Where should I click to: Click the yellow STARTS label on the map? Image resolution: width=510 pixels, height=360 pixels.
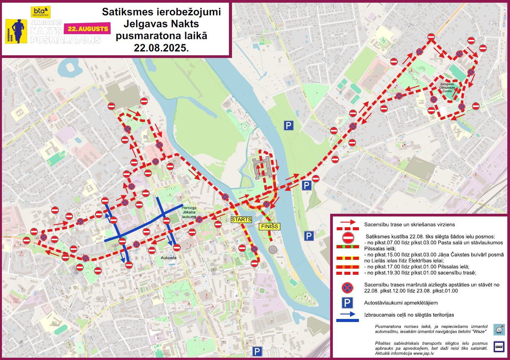click(x=241, y=220)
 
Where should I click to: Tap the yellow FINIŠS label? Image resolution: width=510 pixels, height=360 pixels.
click(x=269, y=226)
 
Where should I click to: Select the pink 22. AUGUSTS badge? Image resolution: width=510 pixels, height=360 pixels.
click(x=88, y=28)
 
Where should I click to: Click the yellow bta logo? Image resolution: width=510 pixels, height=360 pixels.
click(x=38, y=12)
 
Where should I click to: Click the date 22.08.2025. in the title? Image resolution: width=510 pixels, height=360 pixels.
click(x=161, y=48)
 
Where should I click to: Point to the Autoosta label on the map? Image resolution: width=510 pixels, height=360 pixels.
click(x=169, y=258)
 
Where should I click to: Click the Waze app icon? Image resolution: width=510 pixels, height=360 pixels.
click(x=499, y=329)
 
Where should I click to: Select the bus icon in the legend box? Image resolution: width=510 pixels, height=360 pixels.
click(x=499, y=347)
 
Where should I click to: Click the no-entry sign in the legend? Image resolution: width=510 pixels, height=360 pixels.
click(x=348, y=238)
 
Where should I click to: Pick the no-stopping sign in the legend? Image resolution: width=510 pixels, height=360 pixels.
click(x=347, y=287)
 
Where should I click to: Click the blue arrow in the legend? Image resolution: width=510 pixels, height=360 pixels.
click(x=347, y=315)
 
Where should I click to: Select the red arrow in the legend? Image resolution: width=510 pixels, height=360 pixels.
click(x=347, y=223)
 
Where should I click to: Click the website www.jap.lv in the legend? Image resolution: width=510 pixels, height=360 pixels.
click(x=422, y=353)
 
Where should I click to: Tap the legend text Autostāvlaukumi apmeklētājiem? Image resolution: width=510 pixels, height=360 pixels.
click(x=401, y=303)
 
